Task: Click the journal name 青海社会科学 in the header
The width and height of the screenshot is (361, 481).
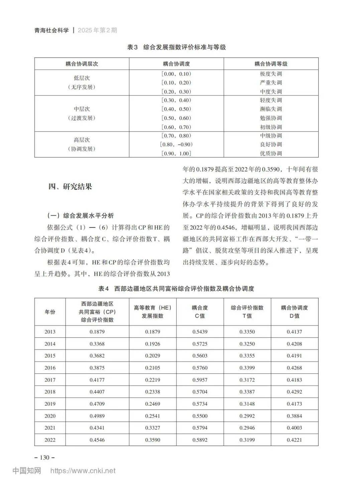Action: [x=51, y=30]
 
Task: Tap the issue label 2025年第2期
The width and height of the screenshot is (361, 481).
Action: [x=97, y=30]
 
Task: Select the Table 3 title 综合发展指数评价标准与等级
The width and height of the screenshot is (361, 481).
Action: [x=184, y=47]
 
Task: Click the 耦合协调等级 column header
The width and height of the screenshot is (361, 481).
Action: [x=271, y=64]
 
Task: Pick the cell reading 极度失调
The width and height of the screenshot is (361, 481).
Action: [x=271, y=74]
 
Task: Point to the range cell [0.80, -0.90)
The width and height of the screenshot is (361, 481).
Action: [x=176, y=145]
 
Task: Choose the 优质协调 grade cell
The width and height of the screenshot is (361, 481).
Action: [x=271, y=154]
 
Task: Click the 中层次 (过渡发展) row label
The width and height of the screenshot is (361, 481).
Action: [x=82, y=113]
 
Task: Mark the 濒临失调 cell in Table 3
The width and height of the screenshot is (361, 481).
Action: [x=271, y=109]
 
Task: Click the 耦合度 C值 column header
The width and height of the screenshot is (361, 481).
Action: [x=200, y=312]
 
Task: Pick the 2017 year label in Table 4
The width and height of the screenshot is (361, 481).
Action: [x=50, y=380]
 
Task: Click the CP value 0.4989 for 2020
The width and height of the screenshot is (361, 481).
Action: [x=97, y=416]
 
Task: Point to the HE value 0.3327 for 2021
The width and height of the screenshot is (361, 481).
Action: [x=152, y=428]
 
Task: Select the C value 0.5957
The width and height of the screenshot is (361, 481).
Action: [x=200, y=380]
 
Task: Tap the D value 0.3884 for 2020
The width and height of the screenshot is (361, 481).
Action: [x=294, y=416]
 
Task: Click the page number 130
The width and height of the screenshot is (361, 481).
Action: [x=44, y=458]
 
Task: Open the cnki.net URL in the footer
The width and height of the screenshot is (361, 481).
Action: [x=83, y=471]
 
